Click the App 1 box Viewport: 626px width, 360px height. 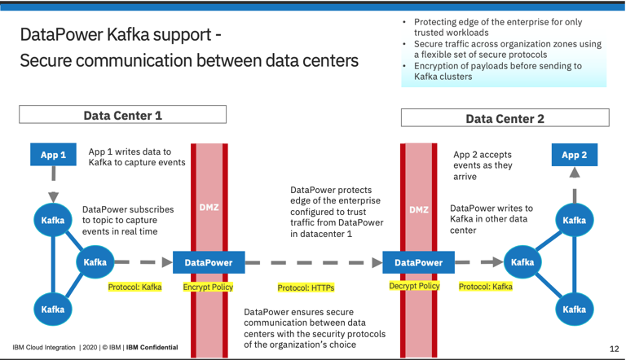point(53,153)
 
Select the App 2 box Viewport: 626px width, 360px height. point(574,153)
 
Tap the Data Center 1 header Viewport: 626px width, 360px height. point(122,116)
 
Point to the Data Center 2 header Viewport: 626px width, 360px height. point(505,119)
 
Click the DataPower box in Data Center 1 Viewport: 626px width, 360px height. point(208,262)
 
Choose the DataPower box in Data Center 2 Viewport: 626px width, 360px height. point(418,262)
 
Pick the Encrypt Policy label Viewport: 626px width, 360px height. point(209,287)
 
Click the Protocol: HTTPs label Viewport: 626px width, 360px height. point(306,288)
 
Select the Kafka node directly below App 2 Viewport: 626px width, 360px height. point(574,220)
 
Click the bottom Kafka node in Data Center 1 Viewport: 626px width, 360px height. point(53,310)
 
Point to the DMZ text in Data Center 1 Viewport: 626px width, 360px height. point(209,208)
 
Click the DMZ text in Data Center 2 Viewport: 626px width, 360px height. point(418,209)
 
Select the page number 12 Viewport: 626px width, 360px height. point(613,347)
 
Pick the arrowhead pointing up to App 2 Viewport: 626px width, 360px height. point(574,173)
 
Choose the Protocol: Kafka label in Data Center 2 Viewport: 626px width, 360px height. point(486,287)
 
